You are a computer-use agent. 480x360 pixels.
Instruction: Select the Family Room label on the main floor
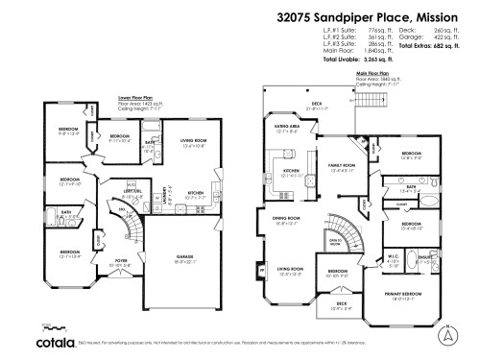(342, 166)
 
